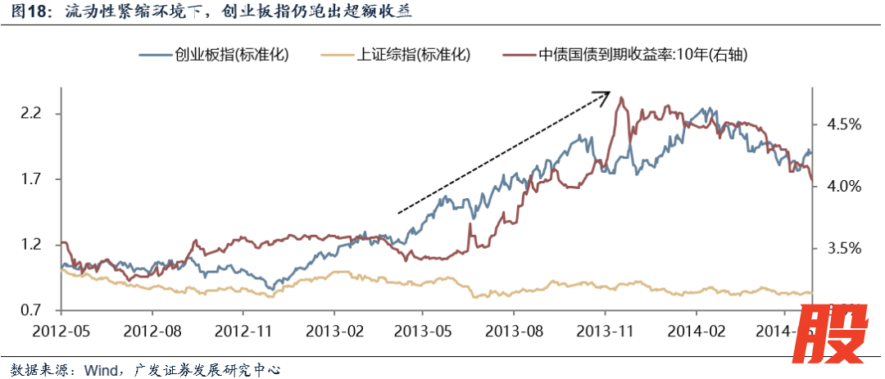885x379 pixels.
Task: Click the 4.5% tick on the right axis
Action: click(x=837, y=124)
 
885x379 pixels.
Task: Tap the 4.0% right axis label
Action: click(x=837, y=186)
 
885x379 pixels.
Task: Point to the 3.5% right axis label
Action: click(x=837, y=248)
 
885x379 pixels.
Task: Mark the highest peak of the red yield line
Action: click(x=622, y=97)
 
